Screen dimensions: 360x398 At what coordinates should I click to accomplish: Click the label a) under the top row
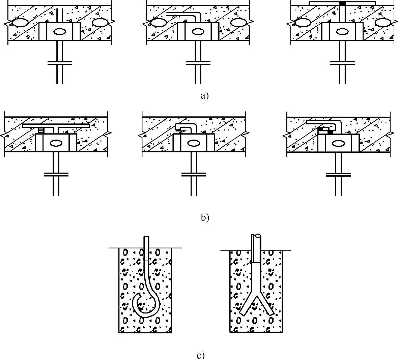(x=204, y=96)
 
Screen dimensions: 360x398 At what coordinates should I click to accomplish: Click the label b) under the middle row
(x=205, y=217)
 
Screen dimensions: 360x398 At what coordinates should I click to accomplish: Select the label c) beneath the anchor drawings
(x=200, y=355)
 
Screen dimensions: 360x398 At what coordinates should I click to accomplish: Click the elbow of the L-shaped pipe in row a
(x=197, y=16)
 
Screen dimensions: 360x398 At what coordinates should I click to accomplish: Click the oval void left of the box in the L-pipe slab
(x=158, y=23)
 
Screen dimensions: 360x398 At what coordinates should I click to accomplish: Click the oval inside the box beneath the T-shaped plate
(x=55, y=143)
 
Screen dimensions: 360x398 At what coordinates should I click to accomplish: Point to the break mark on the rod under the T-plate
(x=56, y=174)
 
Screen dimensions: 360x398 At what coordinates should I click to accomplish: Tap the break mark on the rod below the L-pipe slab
(x=198, y=62)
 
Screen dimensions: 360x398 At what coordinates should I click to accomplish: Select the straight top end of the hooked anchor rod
(x=146, y=239)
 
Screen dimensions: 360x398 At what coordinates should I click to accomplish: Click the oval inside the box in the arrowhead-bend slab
(x=194, y=143)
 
